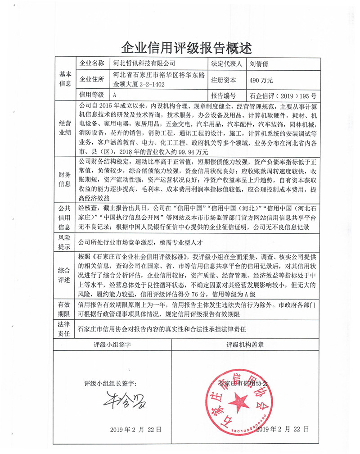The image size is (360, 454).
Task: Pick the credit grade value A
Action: point(115,95)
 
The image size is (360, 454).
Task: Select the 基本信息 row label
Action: point(65,79)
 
